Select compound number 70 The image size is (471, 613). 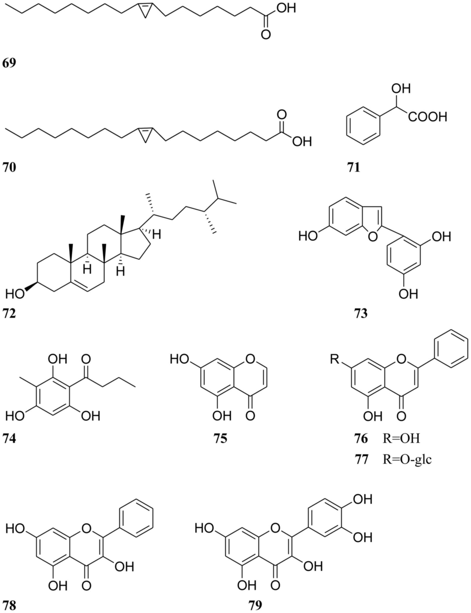[9, 168]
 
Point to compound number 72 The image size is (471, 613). [9, 314]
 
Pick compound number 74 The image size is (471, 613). [9, 439]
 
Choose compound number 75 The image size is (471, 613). [220, 439]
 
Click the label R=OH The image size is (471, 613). [401, 439]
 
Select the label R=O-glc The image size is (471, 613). [407, 460]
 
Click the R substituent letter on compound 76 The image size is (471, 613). [334, 359]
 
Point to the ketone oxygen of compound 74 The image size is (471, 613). [86, 359]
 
